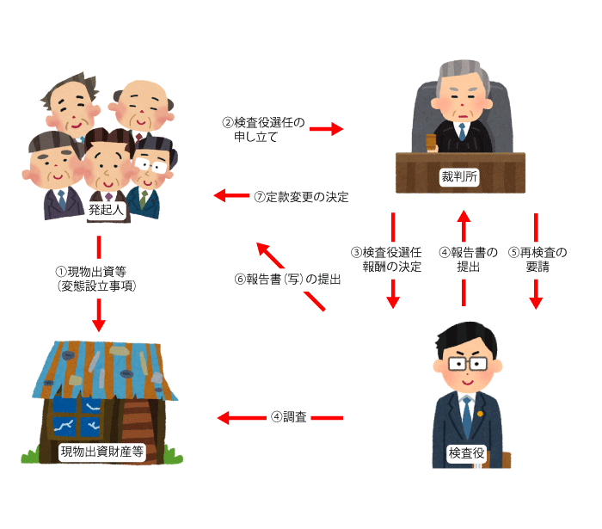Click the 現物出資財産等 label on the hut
(x=101, y=451)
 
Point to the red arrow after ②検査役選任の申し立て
(x=327, y=129)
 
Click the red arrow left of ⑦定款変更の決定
(x=230, y=196)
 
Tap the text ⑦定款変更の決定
(x=301, y=197)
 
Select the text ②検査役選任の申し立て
(x=263, y=129)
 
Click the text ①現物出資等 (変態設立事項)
(x=97, y=278)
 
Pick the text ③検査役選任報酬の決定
(x=392, y=259)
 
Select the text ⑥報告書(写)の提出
(x=287, y=279)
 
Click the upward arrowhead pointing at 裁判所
(x=464, y=219)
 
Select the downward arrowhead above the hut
(x=99, y=323)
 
